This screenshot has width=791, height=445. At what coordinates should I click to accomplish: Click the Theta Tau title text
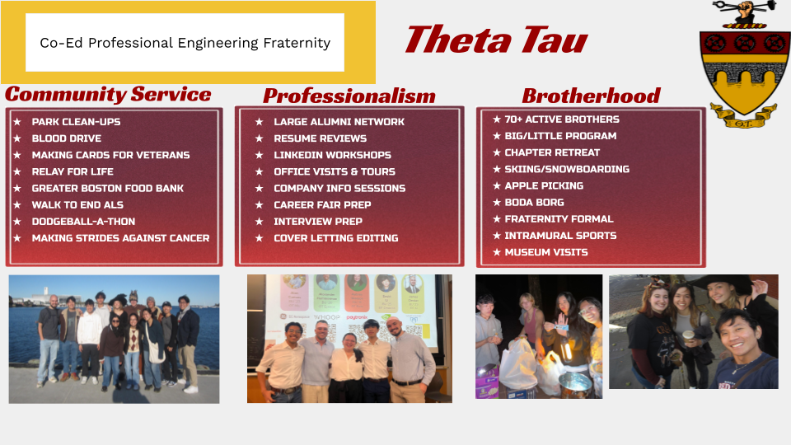(496, 40)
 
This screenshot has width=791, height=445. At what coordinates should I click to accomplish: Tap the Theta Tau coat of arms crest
(745, 64)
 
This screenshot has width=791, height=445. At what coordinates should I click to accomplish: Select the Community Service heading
(108, 94)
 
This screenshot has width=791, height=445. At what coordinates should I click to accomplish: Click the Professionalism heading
(349, 96)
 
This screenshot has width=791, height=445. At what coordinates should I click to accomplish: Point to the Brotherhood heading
(591, 96)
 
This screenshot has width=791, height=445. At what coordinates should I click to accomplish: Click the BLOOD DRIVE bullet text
(67, 138)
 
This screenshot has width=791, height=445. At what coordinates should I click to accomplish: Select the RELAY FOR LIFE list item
(73, 171)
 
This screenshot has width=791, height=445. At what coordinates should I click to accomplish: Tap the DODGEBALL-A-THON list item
(83, 222)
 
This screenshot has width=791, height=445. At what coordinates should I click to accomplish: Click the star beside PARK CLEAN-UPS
(17, 122)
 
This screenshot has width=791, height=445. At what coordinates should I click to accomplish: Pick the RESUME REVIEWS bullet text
(321, 138)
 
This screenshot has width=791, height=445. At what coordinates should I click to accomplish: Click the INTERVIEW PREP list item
(318, 222)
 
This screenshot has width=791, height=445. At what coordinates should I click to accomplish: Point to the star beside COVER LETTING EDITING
(260, 238)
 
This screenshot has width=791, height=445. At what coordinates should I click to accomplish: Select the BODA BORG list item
(534, 203)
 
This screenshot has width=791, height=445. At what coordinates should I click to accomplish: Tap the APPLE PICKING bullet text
(544, 185)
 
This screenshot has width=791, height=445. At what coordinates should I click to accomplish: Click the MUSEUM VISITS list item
(546, 252)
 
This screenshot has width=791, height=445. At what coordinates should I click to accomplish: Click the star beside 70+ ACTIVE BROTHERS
(497, 119)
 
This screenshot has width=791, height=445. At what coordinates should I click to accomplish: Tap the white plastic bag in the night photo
(517, 365)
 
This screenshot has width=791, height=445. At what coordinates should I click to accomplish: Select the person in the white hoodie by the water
(90, 343)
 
